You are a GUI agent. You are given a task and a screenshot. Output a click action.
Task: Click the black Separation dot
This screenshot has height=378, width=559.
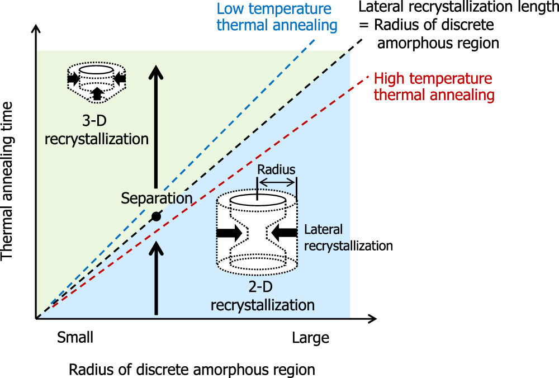157,216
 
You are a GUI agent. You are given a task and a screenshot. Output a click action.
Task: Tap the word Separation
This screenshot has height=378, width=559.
157,198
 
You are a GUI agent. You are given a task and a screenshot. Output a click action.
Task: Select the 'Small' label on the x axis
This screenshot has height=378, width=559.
75,338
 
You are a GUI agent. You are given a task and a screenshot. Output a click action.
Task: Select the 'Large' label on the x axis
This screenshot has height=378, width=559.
310,338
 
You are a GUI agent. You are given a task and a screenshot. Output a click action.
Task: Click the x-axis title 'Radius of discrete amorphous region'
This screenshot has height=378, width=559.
192,370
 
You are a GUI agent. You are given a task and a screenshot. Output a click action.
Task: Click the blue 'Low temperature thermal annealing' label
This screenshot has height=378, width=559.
277,17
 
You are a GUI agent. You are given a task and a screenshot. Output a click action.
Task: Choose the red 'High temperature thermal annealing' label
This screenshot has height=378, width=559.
434,87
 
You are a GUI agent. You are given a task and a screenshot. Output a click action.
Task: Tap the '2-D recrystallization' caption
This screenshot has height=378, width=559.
262,297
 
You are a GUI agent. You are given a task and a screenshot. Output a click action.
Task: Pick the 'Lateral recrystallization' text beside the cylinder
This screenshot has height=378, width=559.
348,238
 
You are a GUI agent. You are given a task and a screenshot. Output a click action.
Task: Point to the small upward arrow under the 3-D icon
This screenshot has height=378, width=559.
97,94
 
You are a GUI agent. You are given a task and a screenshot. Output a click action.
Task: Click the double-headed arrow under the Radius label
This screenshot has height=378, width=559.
276,182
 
